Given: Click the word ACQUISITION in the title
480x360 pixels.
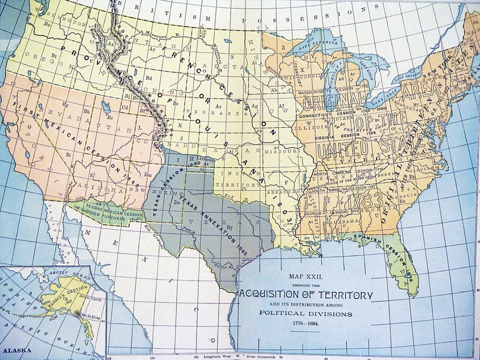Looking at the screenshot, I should (283, 294).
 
